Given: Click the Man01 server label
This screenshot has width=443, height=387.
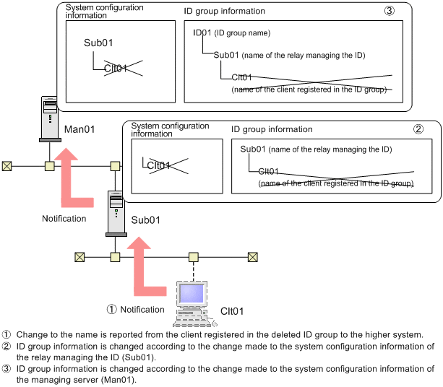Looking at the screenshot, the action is (79, 129).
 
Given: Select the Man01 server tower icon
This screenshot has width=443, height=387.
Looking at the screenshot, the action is (50, 119).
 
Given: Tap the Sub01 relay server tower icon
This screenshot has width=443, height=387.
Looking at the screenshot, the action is (116, 214).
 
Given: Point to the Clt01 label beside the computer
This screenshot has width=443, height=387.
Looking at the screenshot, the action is (232, 311).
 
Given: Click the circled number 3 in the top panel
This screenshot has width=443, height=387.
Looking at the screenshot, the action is (389, 11).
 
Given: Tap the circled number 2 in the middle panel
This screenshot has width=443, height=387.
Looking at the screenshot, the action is (418, 129).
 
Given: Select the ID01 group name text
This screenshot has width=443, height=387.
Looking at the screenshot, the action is (202, 32).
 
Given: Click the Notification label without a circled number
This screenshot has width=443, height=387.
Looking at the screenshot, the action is (64, 219).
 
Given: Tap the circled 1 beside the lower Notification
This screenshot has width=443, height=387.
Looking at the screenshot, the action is (111, 309).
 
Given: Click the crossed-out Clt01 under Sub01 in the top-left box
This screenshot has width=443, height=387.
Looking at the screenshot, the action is (116, 69).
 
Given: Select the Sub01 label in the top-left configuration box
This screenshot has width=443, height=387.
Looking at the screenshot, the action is (98, 43).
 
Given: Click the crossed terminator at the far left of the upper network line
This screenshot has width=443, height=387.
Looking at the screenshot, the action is (7, 166).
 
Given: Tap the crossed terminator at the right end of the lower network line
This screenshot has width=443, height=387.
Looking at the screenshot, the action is (253, 257).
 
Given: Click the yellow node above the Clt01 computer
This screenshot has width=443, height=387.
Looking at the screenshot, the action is (193, 257).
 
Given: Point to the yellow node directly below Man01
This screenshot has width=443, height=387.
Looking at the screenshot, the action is (50, 166).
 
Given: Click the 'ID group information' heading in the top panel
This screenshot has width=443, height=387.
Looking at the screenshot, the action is (224, 11).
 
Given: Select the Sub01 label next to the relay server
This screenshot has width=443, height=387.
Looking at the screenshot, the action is (145, 220).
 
